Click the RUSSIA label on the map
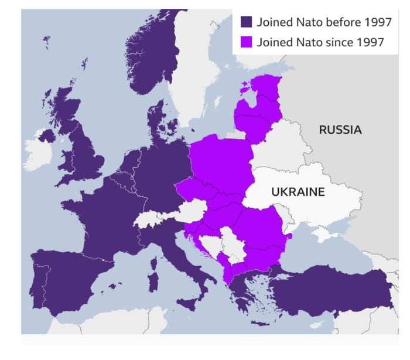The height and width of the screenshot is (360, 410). click(340, 130)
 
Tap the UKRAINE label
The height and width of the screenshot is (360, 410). click(298, 192)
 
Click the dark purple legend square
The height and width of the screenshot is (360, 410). click(247, 22)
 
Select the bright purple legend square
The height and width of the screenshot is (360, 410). click(247, 42)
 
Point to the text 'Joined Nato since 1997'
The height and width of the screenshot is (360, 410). click(320, 42)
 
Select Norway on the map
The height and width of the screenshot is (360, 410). click(155, 59)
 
